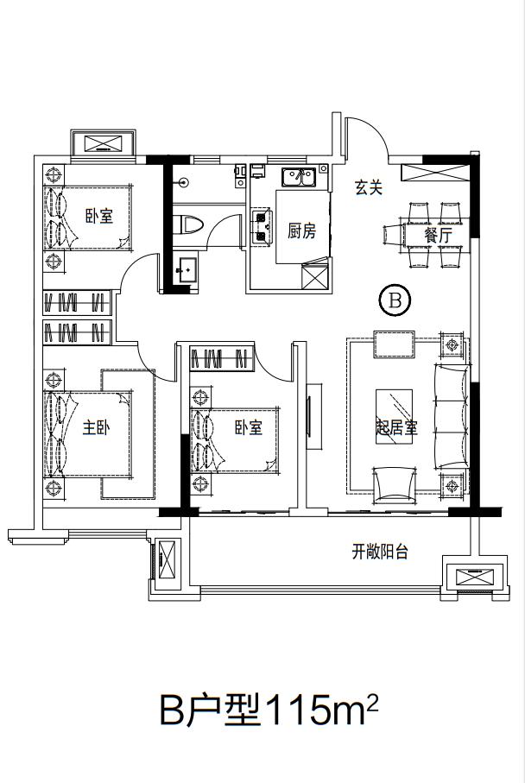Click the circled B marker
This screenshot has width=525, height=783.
point(395,300)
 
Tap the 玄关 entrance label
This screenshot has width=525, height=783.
point(368,187)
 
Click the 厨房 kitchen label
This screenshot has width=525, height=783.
point(301,230)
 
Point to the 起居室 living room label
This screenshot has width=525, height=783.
point(395,429)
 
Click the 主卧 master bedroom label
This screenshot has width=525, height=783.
point(96,427)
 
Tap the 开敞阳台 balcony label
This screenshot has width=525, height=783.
point(379,553)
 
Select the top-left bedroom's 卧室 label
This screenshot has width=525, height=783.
point(99,217)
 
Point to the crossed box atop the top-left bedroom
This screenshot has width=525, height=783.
point(102,143)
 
